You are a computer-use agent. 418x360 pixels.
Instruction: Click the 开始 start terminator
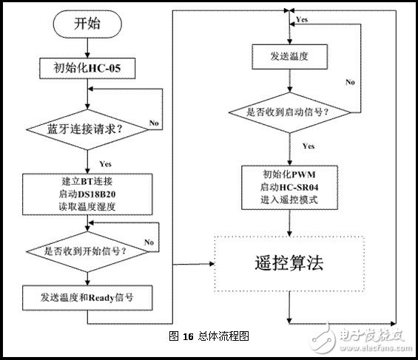[87, 23]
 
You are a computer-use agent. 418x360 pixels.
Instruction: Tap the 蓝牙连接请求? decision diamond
[87, 129]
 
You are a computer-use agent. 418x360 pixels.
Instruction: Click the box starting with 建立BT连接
[87, 194]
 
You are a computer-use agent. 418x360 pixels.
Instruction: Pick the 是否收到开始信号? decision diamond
[87, 251]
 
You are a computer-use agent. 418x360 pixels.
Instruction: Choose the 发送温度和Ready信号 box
[87, 299]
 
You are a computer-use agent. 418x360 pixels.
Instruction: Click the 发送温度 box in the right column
[287, 55]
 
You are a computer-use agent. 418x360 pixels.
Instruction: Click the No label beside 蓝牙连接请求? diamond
[155, 122]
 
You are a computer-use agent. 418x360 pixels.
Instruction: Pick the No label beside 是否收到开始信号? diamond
[149, 242]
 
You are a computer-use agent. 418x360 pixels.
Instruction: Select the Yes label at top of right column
[301, 17]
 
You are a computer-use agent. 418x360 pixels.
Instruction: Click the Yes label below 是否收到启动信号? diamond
[307, 146]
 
